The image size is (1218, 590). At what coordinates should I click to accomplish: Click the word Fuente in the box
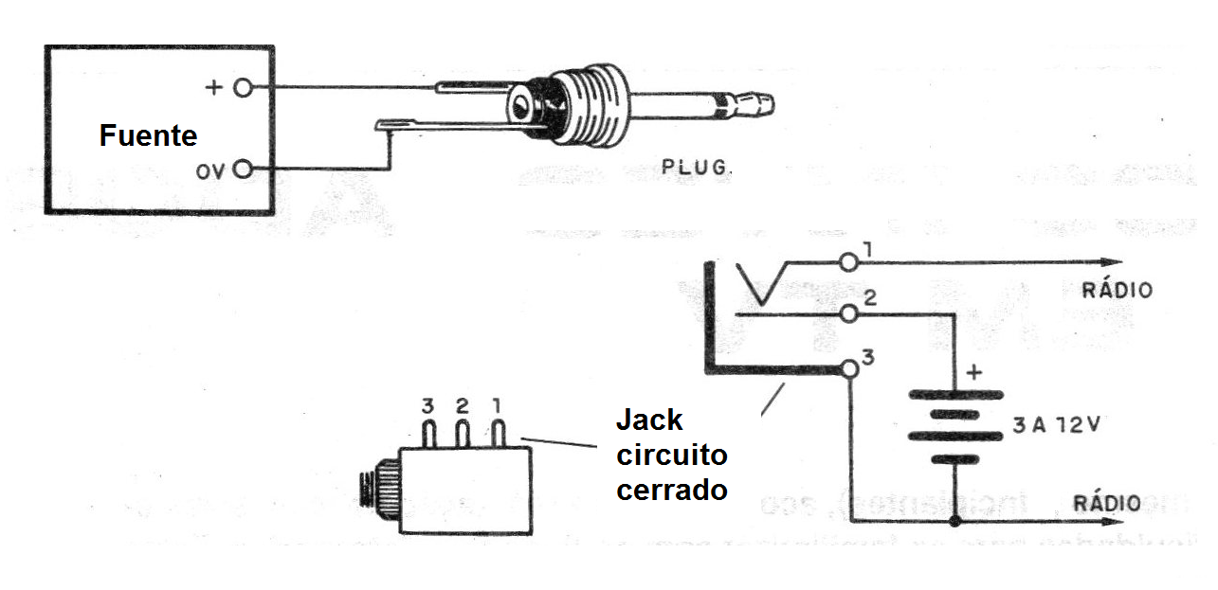click(x=148, y=136)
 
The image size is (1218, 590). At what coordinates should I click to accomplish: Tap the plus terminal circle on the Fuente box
click(x=244, y=88)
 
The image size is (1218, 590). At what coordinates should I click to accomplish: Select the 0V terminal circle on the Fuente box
click(x=244, y=170)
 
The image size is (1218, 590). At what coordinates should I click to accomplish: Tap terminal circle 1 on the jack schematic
click(x=848, y=261)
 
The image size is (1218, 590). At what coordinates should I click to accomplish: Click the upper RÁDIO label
click(x=1118, y=290)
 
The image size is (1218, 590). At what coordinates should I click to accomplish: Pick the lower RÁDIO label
click(x=1107, y=502)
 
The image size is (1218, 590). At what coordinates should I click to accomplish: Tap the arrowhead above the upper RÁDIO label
click(x=1111, y=262)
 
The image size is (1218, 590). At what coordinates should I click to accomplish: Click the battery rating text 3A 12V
click(x=1054, y=425)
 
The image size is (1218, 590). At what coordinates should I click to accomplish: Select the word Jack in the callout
click(x=649, y=420)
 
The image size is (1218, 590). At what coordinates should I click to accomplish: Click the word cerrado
click(x=672, y=491)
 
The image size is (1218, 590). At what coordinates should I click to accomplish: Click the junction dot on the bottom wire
click(x=954, y=521)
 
